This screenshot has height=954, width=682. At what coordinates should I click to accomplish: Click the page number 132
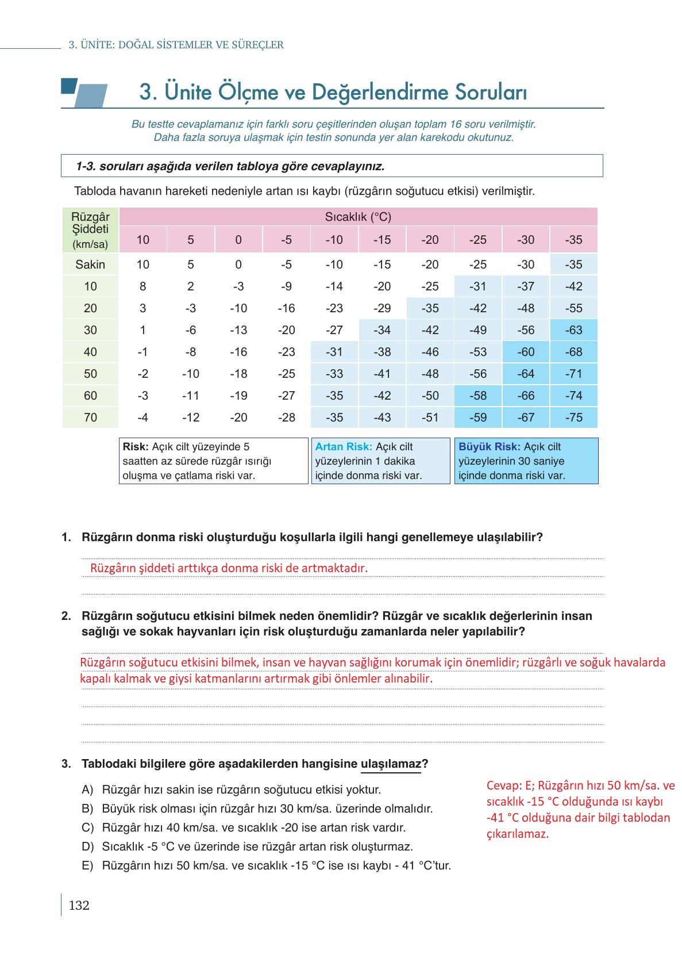[x=79, y=906]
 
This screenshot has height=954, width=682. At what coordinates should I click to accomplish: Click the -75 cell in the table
[x=573, y=417]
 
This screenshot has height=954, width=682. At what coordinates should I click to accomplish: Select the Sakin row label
[x=90, y=265]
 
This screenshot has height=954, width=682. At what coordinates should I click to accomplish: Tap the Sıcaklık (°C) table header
[x=358, y=217]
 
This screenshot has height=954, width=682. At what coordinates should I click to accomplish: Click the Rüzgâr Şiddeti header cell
[x=90, y=230]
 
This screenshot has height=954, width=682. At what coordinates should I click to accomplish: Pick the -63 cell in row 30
[x=573, y=330]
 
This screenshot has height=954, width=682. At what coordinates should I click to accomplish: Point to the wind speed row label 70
[x=90, y=417]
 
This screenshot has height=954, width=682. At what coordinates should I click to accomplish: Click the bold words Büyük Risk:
[x=490, y=447]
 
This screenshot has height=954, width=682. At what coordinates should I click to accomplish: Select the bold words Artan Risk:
[x=344, y=447]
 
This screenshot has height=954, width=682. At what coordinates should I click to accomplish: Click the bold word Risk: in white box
[x=136, y=447]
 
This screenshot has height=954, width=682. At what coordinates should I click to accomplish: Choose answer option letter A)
[x=87, y=790]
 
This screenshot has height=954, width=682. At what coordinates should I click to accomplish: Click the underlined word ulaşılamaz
[x=391, y=764]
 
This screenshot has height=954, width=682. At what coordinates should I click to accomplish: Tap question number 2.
[x=66, y=616]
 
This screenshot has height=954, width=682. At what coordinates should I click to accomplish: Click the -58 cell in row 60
[x=477, y=396]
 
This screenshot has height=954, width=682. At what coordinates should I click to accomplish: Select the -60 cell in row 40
[x=525, y=352]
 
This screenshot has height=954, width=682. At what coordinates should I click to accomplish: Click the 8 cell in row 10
[x=142, y=286]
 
